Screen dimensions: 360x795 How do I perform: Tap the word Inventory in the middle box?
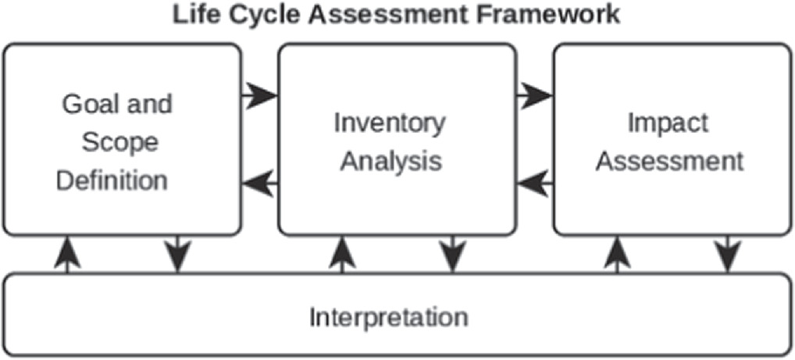tap(390, 123)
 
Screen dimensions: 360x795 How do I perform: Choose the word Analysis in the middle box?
tap(392, 162)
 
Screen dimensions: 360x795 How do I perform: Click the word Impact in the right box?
tap(668, 123)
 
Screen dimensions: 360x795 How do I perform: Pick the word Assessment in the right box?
tap(675, 162)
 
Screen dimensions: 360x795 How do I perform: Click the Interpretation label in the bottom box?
tap(389, 318)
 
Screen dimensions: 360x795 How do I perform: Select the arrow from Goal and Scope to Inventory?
tap(259, 97)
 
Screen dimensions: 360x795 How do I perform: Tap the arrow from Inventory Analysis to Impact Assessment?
tap(534, 97)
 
